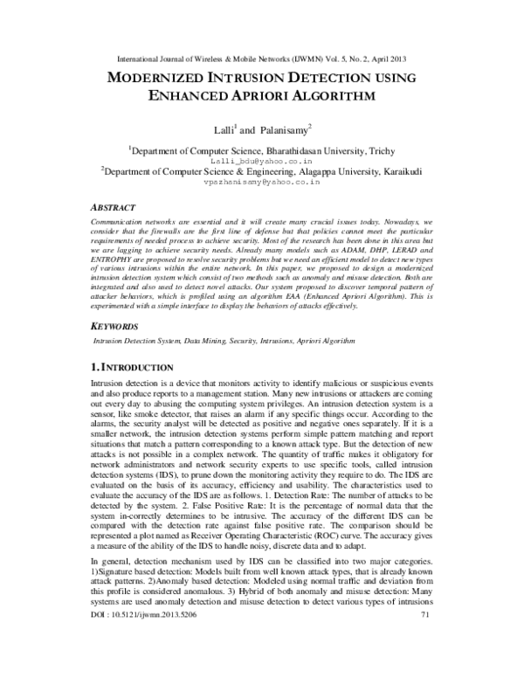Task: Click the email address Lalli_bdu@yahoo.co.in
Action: click(x=262, y=161)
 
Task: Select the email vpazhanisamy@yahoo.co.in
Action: click(x=262, y=184)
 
